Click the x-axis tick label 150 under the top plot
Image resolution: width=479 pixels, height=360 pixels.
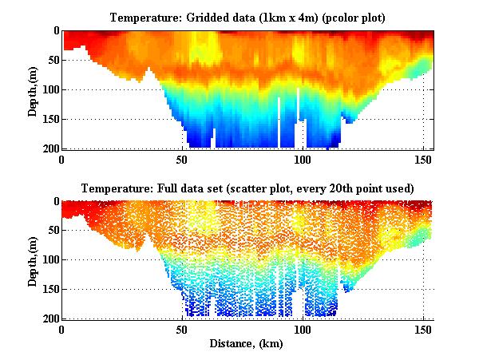click(422, 158)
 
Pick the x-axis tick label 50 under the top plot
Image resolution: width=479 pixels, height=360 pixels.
click(182, 158)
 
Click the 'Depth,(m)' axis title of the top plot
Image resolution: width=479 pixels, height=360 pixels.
click(33, 89)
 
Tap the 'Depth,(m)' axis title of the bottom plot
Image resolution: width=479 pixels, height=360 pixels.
click(33, 260)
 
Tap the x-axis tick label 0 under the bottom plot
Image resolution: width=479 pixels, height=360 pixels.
click(61, 329)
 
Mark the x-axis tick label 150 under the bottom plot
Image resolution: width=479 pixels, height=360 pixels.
click(422, 329)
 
